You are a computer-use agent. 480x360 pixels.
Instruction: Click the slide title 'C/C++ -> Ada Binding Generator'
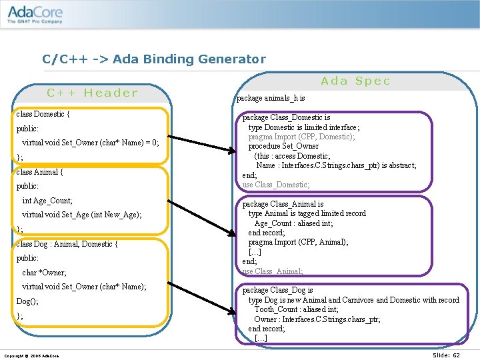153,59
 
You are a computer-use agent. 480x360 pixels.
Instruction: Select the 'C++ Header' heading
92,93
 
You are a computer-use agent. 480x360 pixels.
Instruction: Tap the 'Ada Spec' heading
355,81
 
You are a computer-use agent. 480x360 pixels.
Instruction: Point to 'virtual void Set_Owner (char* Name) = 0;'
91,143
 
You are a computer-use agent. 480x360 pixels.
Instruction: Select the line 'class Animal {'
39,172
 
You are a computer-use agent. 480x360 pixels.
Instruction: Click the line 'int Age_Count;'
47,201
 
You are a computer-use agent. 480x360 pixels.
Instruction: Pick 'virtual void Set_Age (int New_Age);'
82,215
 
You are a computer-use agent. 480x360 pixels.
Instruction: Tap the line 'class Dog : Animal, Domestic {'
67,244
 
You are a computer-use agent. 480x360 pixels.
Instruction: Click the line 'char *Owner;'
44,273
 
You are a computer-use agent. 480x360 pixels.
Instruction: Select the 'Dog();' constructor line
27,301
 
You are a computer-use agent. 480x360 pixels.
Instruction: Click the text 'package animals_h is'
271,98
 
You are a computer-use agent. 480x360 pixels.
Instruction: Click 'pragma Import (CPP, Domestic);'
301,137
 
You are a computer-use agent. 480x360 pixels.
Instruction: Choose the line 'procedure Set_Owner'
283,146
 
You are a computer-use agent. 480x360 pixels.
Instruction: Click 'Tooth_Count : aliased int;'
296,309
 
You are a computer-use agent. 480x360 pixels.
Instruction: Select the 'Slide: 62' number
446,355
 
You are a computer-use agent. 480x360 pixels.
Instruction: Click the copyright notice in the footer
31,356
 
